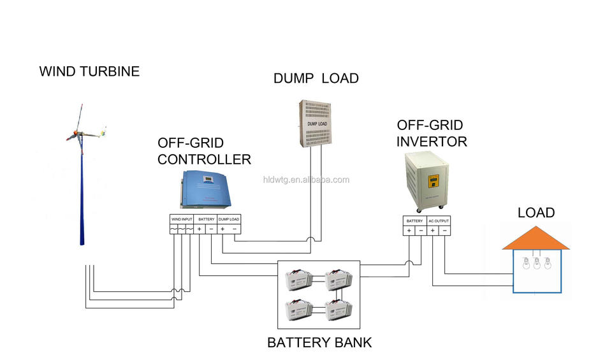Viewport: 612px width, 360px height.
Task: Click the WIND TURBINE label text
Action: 89,71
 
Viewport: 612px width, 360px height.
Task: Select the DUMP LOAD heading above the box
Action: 316,78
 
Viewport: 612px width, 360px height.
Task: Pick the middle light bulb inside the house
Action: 537,263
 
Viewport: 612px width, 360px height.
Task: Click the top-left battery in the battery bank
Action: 300,278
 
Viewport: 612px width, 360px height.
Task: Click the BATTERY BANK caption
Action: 319,343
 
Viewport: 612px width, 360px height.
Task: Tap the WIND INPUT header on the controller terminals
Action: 181,219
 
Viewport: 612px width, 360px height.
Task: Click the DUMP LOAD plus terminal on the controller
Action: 222,229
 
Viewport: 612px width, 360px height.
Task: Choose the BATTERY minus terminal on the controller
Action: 211,229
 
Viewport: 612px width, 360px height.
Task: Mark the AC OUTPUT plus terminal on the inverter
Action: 433,230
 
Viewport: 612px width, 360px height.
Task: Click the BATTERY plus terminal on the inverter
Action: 409,230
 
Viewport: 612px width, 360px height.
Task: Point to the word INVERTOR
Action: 432,141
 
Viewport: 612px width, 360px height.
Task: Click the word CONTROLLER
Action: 204,159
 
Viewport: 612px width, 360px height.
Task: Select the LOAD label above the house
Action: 536,213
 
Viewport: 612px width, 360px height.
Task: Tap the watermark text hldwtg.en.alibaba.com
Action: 306,180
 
